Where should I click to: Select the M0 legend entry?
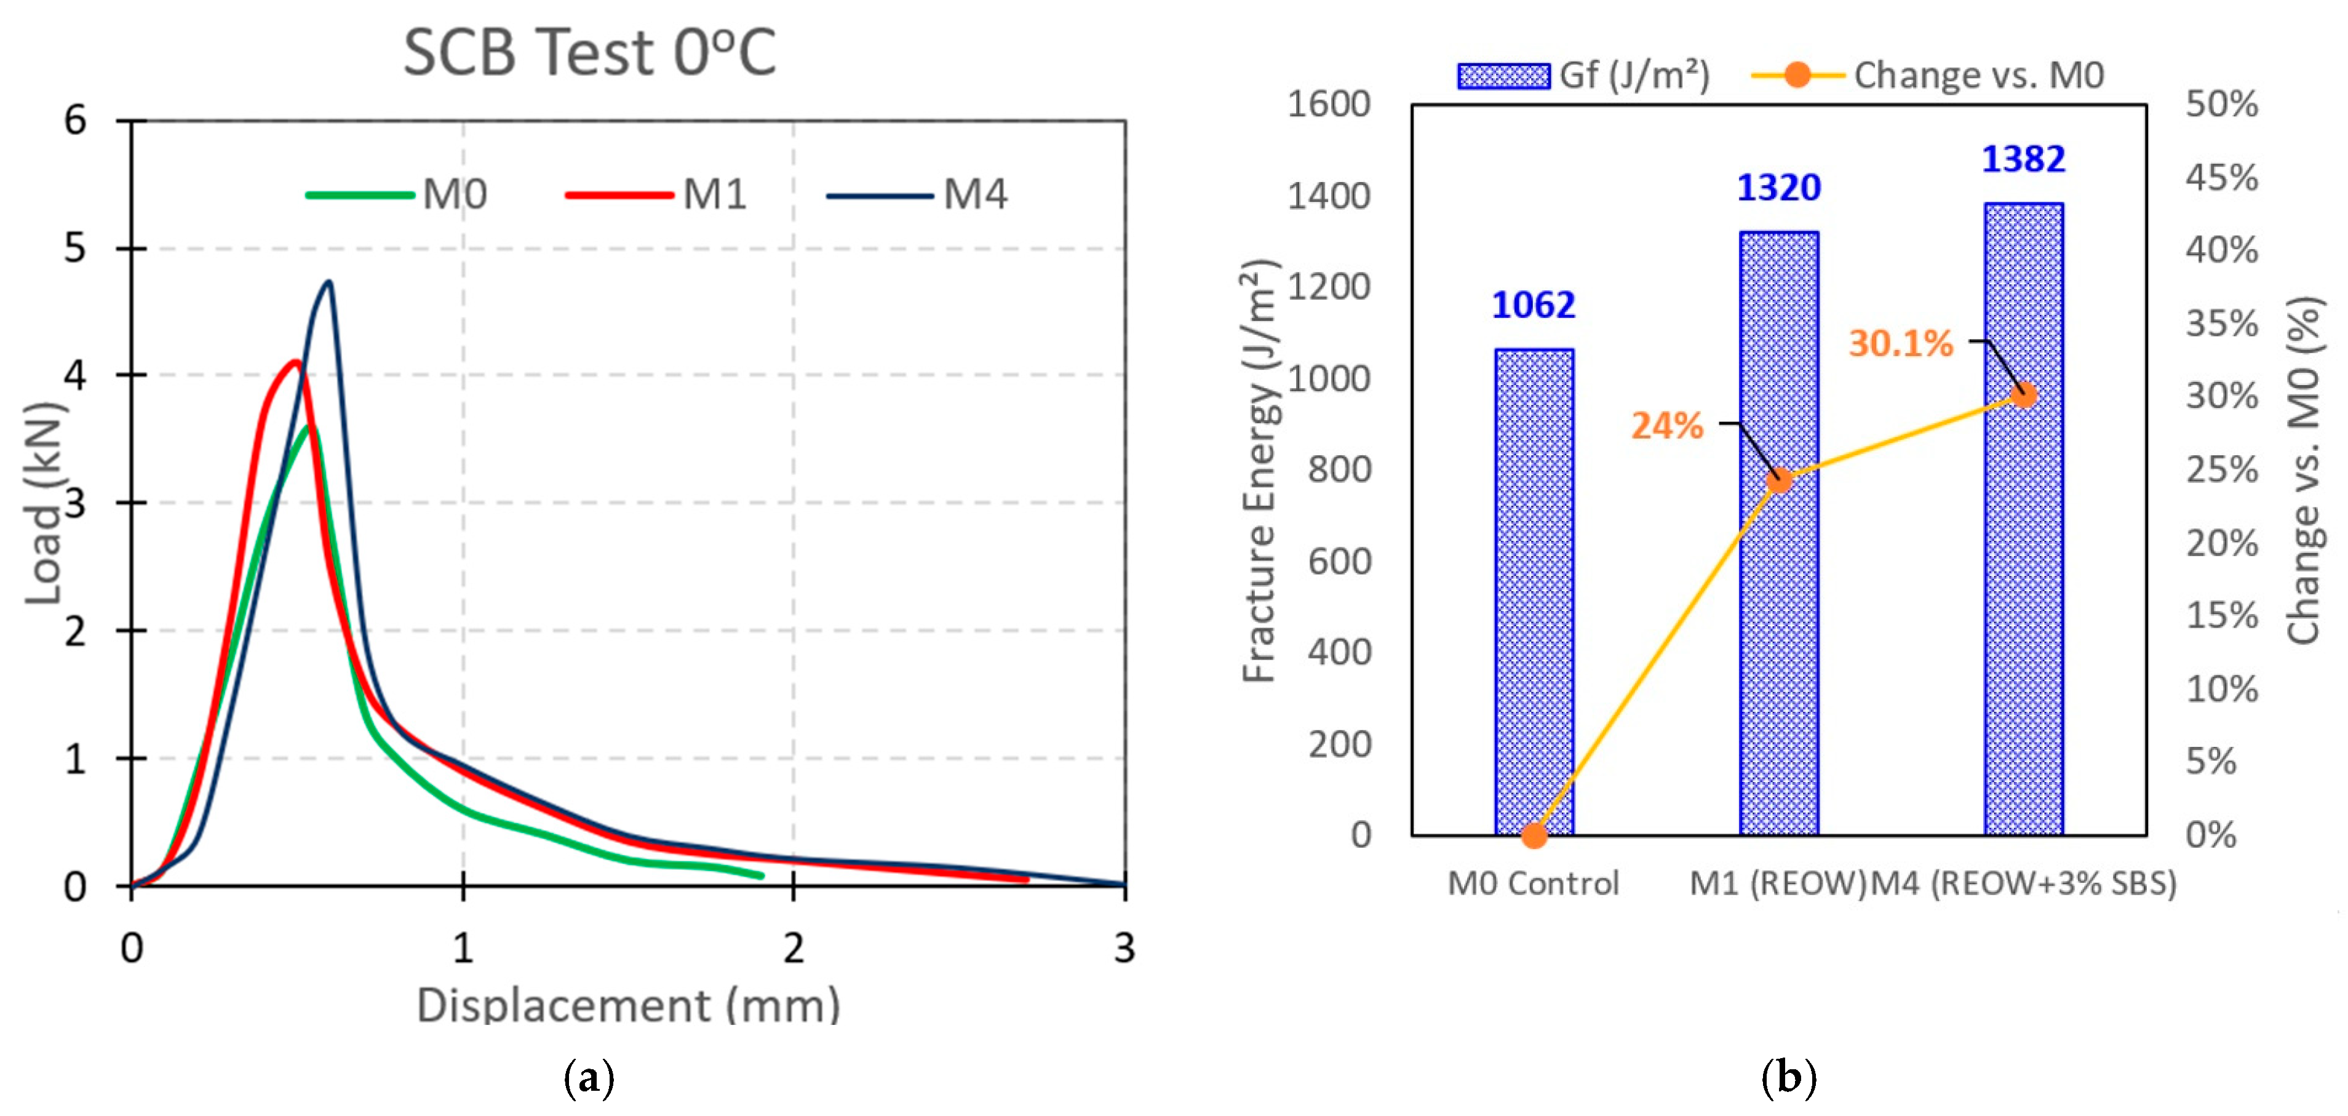tap(397, 194)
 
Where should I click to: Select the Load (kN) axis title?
tap(44, 503)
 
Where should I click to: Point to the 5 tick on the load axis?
tap(76, 248)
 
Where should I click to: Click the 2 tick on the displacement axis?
tap(793, 948)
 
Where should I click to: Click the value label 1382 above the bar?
tap(2023, 159)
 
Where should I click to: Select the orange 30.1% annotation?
tap(1900, 344)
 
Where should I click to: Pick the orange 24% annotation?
tap(1666, 426)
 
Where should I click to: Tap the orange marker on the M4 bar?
tap(2023, 395)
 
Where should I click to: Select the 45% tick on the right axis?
tap(2221, 177)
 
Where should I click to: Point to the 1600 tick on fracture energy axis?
tap(1328, 104)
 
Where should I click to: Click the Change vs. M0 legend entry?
tap(1928, 75)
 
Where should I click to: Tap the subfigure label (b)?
tap(1788, 1078)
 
